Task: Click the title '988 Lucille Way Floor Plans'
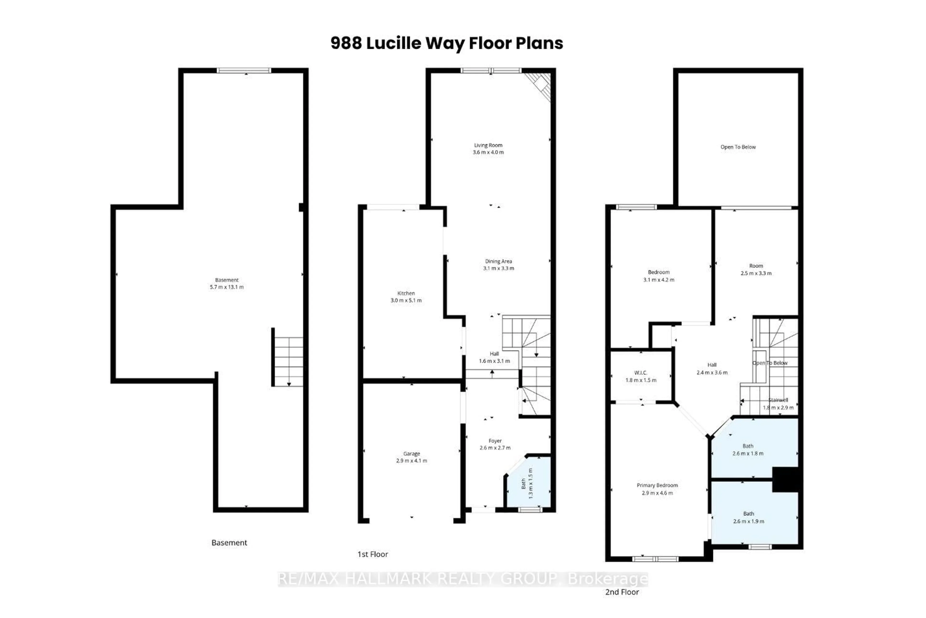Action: click(446, 43)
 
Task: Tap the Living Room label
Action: click(488, 145)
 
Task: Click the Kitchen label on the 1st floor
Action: click(406, 293)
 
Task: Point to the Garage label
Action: click(411, 454)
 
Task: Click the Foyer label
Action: click(495, 441)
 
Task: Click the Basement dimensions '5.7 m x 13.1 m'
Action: click(226, 287)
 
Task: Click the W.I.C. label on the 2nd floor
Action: click(640, 373)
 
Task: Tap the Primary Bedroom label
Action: click(657, 485)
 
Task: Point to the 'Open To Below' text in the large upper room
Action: click(738, 147)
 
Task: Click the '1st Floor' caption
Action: click(372, 555)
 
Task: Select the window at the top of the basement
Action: click(244, 70)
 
